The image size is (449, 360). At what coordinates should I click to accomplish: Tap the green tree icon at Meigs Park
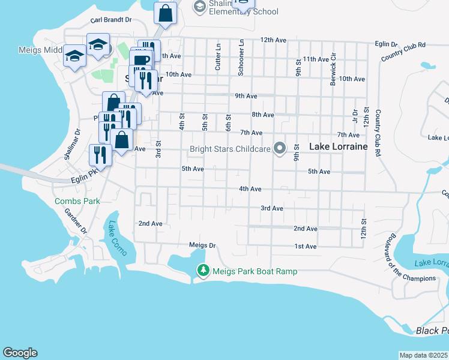[203, 271]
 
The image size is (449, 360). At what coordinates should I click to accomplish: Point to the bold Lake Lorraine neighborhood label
[337, 146]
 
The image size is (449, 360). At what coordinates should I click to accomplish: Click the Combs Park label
[77, 202]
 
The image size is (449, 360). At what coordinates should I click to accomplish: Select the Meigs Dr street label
[202, 245]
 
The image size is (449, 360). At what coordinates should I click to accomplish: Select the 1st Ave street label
[305, 247]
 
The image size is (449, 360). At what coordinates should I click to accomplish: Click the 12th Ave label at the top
[274, 40]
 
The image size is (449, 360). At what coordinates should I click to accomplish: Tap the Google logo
[20, 353]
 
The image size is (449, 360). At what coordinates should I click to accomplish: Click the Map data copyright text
[423, 355]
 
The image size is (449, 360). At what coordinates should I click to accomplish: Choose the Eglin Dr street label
[385, 44]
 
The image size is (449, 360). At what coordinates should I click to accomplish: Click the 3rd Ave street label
[271, 208]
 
